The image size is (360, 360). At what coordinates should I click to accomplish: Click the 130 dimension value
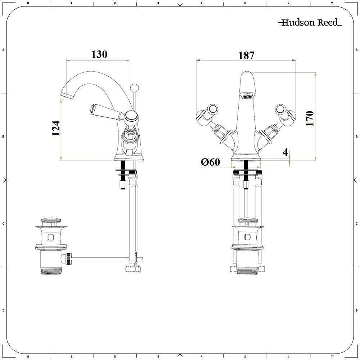[x=99, y=54]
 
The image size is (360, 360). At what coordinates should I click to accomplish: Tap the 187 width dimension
[x=246, y=55]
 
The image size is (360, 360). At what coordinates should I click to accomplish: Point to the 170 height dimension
[x=310, y=118]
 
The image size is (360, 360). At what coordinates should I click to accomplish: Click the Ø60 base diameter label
[x=210, y=162]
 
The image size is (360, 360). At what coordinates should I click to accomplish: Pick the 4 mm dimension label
[x=285, y=152]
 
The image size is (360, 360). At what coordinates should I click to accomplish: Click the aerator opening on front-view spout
[x=248, y=96]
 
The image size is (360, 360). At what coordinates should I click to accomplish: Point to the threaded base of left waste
[x=51, y=270]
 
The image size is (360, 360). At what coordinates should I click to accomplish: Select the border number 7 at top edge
[x=332, y=3]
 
